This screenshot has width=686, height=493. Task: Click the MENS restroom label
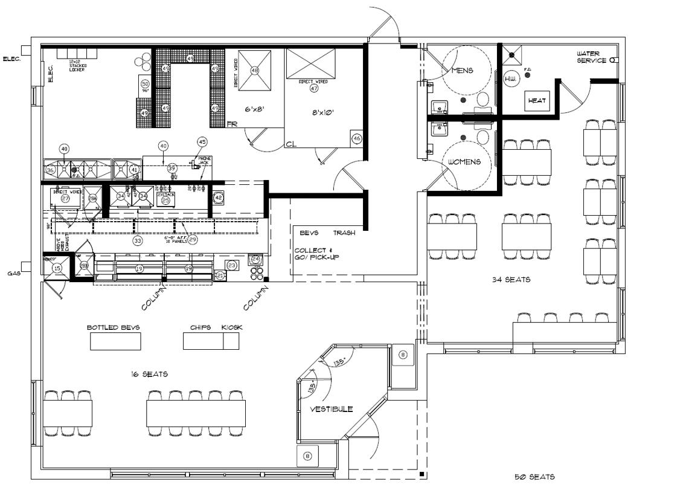[x=462, y=70]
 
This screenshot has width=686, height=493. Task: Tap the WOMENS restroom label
[x=464, y=162]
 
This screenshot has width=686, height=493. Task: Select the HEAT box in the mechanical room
[x=536, y=101]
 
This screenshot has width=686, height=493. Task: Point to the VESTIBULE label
[x=331, y=409]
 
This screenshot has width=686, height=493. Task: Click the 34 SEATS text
[x=511, y=280]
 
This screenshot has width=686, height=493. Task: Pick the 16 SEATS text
[x=150, y=375]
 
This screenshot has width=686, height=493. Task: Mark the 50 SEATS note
[x=534, y=477]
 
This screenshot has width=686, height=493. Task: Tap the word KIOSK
[x=231, y=327]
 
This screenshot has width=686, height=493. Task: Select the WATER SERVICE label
[x=591, y=57]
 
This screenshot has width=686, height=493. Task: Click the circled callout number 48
[x=254, y=71]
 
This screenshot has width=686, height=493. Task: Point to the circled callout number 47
[x=313, y=88]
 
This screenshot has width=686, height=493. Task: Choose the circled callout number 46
[x=356, y=139]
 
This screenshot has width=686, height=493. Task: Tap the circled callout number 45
[x=202, y=142]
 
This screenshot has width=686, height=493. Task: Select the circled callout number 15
[x=57, y=268]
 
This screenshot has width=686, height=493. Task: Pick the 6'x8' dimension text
[x=255, y=109]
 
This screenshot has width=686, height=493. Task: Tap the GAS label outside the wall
[x=14, y=273]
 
